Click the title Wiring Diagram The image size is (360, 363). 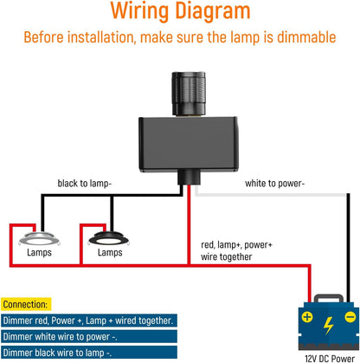coord(180,12)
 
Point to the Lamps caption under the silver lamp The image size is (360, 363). coord(38,253)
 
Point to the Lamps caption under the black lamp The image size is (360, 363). coord(110,253)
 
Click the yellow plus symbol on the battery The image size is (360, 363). coord(307,316)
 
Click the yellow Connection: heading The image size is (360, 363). coord(25,305)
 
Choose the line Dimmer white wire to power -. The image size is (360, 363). coord(67,336)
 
